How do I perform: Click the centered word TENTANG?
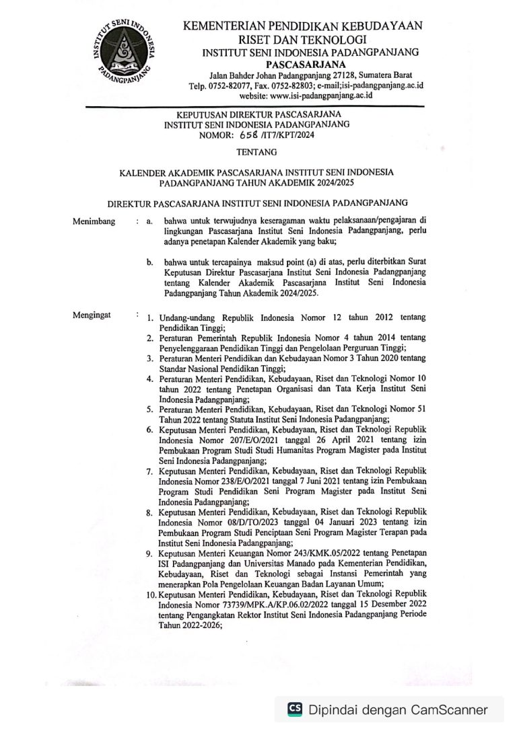click(257, 153)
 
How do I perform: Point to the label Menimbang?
click(94, 221)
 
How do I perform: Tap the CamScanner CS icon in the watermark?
click(295, 709)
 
